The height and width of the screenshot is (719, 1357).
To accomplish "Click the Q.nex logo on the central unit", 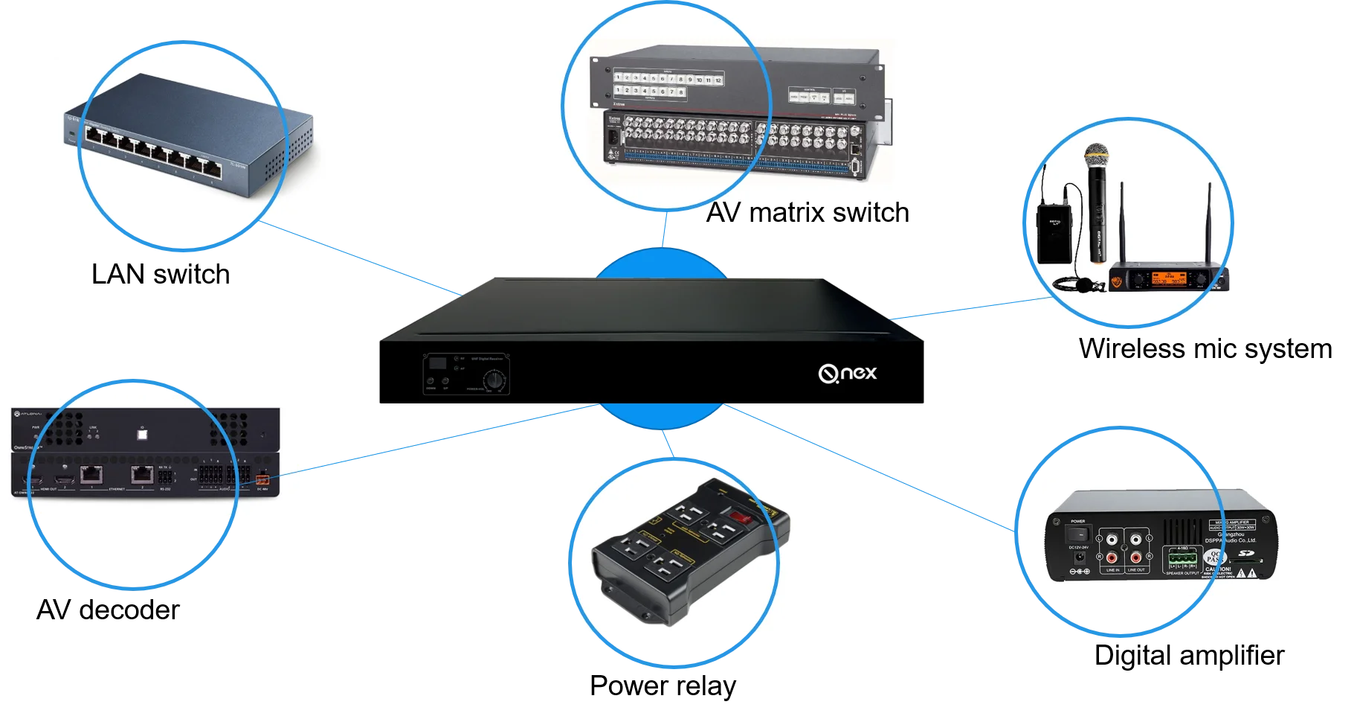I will click(848, 373).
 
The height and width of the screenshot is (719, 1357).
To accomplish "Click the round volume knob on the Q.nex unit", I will click(493, 381).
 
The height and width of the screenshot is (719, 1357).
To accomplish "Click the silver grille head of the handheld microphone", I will click(1096, 157).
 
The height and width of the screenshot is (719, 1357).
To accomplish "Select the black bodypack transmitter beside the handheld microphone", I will click(1054, 233).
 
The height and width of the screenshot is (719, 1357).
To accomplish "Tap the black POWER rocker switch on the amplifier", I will click(1078, 534).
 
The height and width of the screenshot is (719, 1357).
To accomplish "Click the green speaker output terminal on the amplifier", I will click(1182, 557).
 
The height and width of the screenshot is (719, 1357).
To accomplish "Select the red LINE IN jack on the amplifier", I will click(1112, 557).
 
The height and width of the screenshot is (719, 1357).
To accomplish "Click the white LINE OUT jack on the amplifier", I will click(1136, 538).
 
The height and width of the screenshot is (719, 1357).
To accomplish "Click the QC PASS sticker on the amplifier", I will click(1215, 557).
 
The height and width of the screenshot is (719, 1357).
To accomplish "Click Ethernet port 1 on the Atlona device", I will click(91, 473).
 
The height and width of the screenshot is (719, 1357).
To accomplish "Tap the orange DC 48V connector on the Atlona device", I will click(262, 479).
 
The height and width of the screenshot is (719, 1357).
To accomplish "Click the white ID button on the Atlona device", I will click(143, 431).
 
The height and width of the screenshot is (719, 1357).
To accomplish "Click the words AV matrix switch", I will click(808, 208).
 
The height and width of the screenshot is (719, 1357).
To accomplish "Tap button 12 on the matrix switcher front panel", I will click(718, 80).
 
